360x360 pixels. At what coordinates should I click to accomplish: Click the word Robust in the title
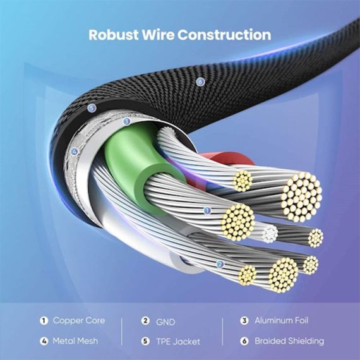pos(114,35)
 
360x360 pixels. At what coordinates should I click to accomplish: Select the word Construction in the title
pos(224,35)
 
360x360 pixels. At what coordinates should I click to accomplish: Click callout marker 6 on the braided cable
pos(200,82)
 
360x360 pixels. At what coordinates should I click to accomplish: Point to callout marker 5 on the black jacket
pos(92,108)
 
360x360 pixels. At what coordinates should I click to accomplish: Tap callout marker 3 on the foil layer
pos(126,121)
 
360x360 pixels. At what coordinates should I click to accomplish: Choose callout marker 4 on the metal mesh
pos(74,152)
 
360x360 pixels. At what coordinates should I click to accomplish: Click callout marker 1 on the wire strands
pos(207,210)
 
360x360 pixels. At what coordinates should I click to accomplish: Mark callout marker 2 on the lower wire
pos(220,264)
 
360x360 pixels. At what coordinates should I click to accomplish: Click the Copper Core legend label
pos(79,320)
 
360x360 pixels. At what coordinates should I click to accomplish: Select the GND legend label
pos(165,322)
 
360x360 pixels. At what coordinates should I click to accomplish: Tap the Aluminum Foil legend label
pos(281,320)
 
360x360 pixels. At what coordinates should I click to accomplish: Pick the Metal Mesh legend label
pos(75,341)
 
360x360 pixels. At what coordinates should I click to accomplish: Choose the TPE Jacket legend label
pos(178,342)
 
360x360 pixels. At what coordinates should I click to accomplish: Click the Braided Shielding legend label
pos(289,341)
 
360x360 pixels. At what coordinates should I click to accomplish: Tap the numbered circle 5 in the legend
pos(145,341)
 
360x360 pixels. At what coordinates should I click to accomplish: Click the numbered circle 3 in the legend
pos(244,320)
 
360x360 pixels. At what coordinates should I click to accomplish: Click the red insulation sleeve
pos(230,159)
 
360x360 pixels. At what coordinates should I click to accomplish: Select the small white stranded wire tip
pos(270,234)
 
